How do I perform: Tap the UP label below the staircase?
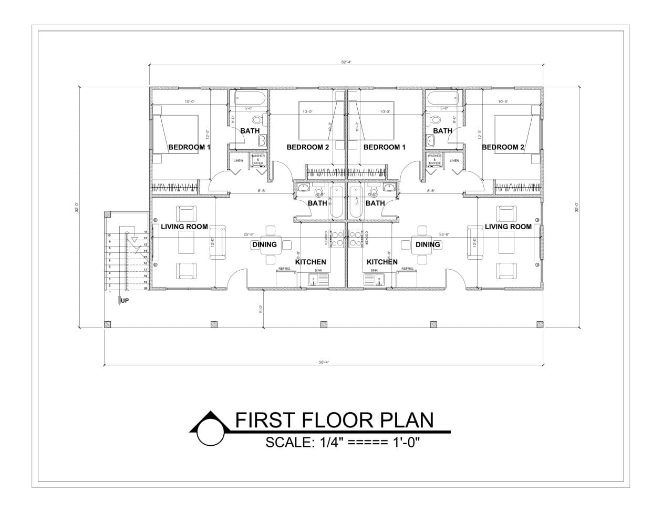[125, 301]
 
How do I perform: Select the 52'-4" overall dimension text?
[346, 62]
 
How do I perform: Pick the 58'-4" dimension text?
[324, 362]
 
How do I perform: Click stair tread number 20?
[146, 288]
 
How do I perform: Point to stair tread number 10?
[109, 235]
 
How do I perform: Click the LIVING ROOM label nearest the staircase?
[184, 227]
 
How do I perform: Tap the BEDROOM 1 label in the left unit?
[189, 147]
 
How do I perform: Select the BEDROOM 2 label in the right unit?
[503, 147]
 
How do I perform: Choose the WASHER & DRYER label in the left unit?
[257, 159]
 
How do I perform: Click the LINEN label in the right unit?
[454, 160]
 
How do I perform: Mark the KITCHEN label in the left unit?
[311, 262]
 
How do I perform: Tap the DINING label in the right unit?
[428, 244]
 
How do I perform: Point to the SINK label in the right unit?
[374, 270]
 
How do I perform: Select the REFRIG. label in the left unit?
[284, 269]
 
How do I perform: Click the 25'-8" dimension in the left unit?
[249, 234]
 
